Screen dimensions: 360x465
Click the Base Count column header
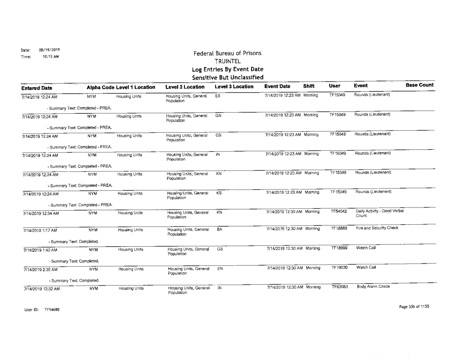point(420,85)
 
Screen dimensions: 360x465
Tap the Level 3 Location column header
point(234,87)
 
